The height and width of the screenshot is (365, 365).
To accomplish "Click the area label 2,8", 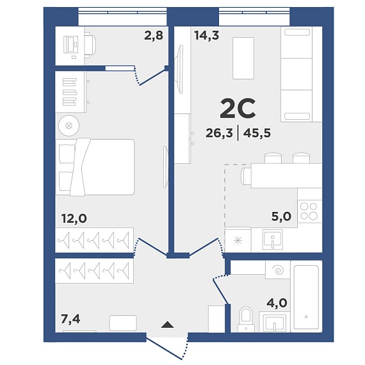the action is pyautogui.click(x=154, y=36).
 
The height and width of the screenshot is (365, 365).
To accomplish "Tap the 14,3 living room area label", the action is pyautogui.click(x=207, y=36).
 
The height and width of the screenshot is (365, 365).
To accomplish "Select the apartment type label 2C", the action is pyautogui.click(x=238, y=108).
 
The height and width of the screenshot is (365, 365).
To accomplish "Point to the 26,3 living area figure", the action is pyautogui.click(x=219, y=133).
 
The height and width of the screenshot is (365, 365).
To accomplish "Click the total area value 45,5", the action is pyautogui.click(x=257, y=133).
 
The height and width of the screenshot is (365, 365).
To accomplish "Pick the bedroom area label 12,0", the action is pyautogui.click(x=74, y=218).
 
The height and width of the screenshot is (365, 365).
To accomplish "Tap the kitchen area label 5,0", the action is pyautogui.click(x=281, y=216).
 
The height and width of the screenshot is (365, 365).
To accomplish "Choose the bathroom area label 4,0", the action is pyautogui.click(x=277, y=303).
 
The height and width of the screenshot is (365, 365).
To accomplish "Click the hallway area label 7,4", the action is pyautogui.click(x=70, y=319).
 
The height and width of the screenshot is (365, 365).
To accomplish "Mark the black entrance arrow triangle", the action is pyautogui.click(x=167, y=325).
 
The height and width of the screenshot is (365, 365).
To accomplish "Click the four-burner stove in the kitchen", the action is pyautogui.click(x=309, y=211).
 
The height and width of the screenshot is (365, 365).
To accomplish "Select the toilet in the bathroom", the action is pyautogui.click(x=246, y=320).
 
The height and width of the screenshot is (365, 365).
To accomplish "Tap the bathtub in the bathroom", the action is pyautogui.click(x=306, y=296).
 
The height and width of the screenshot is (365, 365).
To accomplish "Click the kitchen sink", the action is pyautogui.click(x=273, y=239).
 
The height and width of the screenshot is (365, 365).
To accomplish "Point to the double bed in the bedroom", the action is pyautogui.click(x=95, y=167).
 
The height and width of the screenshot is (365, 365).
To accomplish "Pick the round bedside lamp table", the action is pyautogui.click(x=69, y=126).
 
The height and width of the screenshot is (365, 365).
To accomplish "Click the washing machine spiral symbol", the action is pyautogui.click(x=278, y=270).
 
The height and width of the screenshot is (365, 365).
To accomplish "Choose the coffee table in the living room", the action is pyautogui.click(x=243, y=58).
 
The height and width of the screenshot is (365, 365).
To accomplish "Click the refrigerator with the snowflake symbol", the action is pyautogui.click(x=238, y=240).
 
